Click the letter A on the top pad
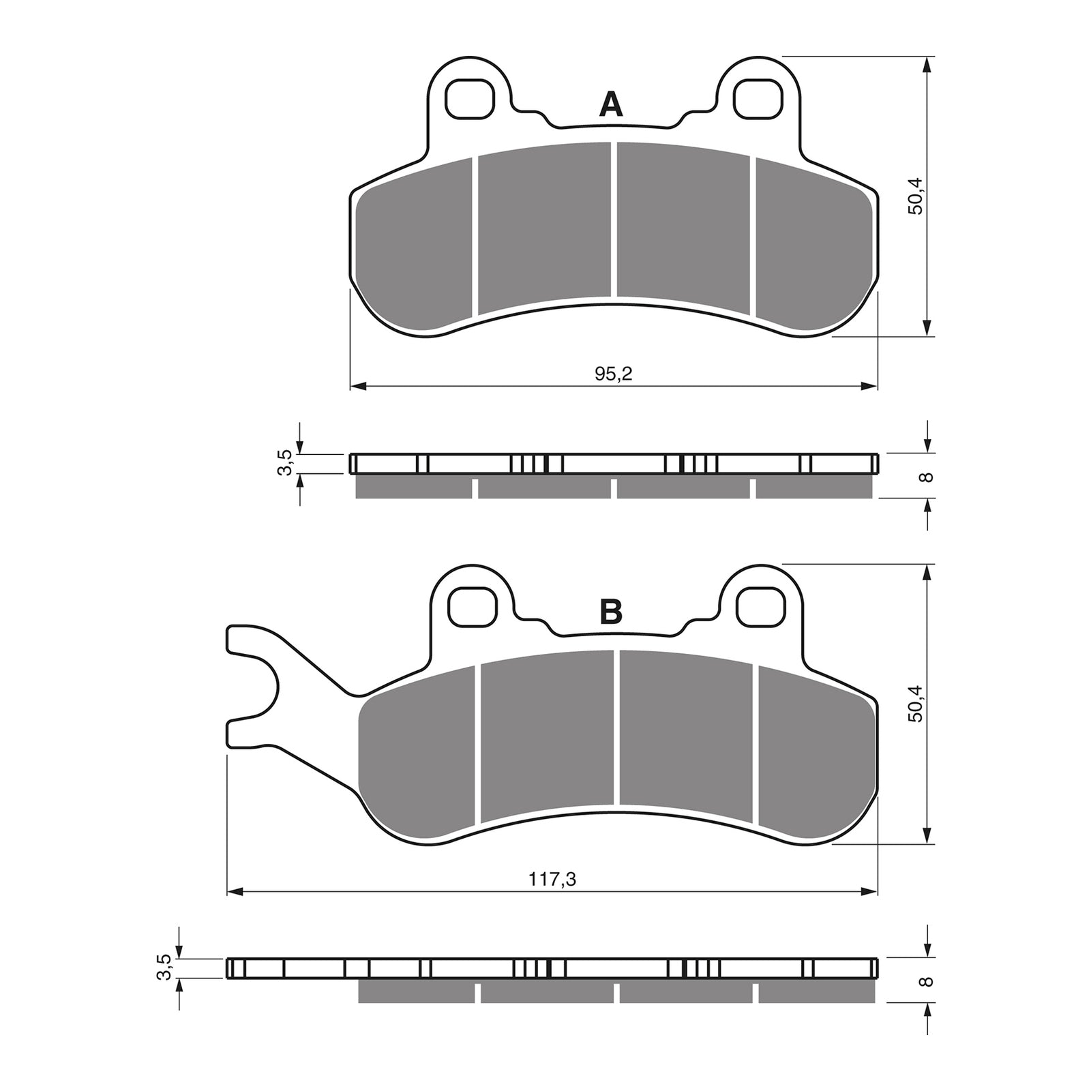(610, 105)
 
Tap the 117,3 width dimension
(552, 880)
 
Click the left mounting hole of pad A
(468, 98)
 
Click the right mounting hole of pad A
(757, 98)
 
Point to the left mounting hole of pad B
(471, 605)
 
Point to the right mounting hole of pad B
(759, 605)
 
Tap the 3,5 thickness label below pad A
(286, 463)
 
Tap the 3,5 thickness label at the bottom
(163, 968)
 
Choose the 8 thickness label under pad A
(925, 477)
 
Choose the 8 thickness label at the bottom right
(925, 982)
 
